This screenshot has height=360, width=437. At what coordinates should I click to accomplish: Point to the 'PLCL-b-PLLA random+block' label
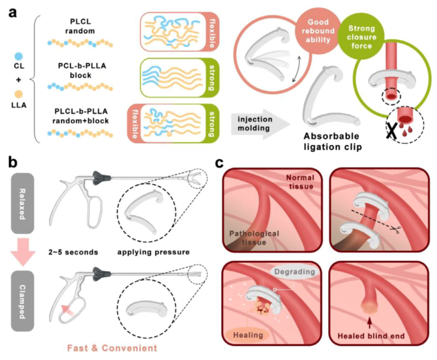click(x=78, y=116)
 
